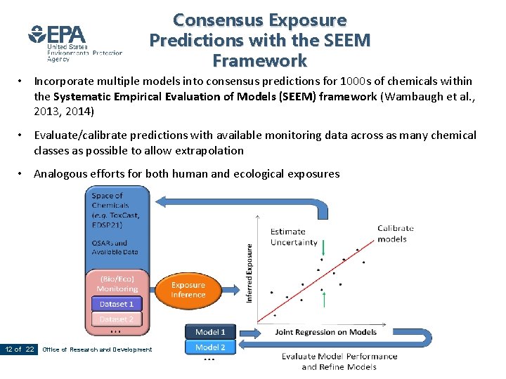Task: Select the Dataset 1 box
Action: (117, 304)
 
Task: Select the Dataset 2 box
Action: (117, 319)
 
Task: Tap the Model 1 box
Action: (210, 331)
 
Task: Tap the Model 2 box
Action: (210, 347)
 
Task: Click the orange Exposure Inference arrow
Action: (188, 290)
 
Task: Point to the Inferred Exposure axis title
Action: (249, 273)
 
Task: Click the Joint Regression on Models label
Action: (326, 332)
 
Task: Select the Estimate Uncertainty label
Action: (294, 237)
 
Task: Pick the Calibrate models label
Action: (396, 233)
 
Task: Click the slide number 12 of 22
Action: (19, 350)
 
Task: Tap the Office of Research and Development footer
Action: (97, 350)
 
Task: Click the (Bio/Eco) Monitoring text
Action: (117, 284)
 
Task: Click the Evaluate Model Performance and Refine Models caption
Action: (339, 361)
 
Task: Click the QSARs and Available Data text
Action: (115, 246)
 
